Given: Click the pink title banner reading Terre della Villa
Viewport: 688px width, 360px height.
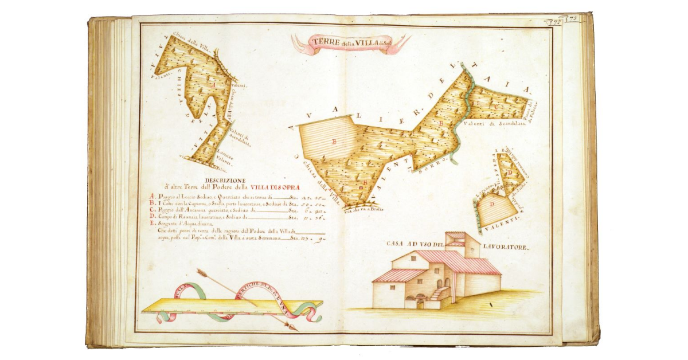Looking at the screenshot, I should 350,43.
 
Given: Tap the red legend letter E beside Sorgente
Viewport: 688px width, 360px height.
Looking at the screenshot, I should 152,224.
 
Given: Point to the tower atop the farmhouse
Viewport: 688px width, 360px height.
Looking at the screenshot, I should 462,244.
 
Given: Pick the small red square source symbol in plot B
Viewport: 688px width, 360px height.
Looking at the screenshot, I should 361,185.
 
